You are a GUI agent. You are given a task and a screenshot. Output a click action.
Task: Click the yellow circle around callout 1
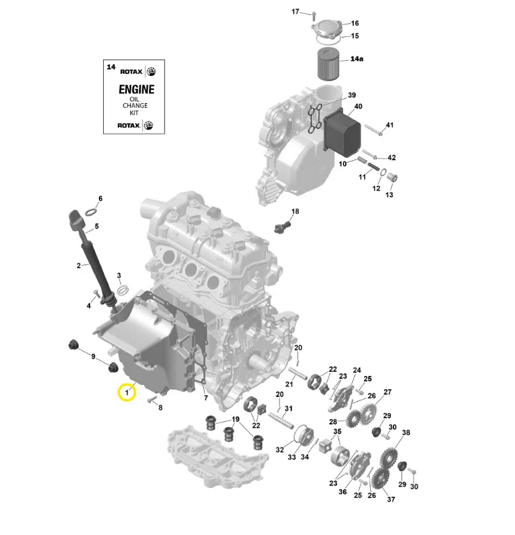(127, 393)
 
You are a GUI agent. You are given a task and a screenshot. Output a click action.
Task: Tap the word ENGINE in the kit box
(136, 89)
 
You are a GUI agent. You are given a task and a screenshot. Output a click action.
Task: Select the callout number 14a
(356, 59)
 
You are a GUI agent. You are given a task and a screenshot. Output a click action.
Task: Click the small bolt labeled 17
(314, 14)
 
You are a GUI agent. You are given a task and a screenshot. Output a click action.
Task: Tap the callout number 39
(352, 95)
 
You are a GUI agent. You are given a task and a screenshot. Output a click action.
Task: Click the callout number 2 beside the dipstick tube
(78, 266)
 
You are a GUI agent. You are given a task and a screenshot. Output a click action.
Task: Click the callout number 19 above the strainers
(235, 419)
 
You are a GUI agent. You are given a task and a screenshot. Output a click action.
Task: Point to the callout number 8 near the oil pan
(160, 408)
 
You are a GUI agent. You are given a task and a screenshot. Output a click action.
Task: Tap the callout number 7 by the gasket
(206, 398)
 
